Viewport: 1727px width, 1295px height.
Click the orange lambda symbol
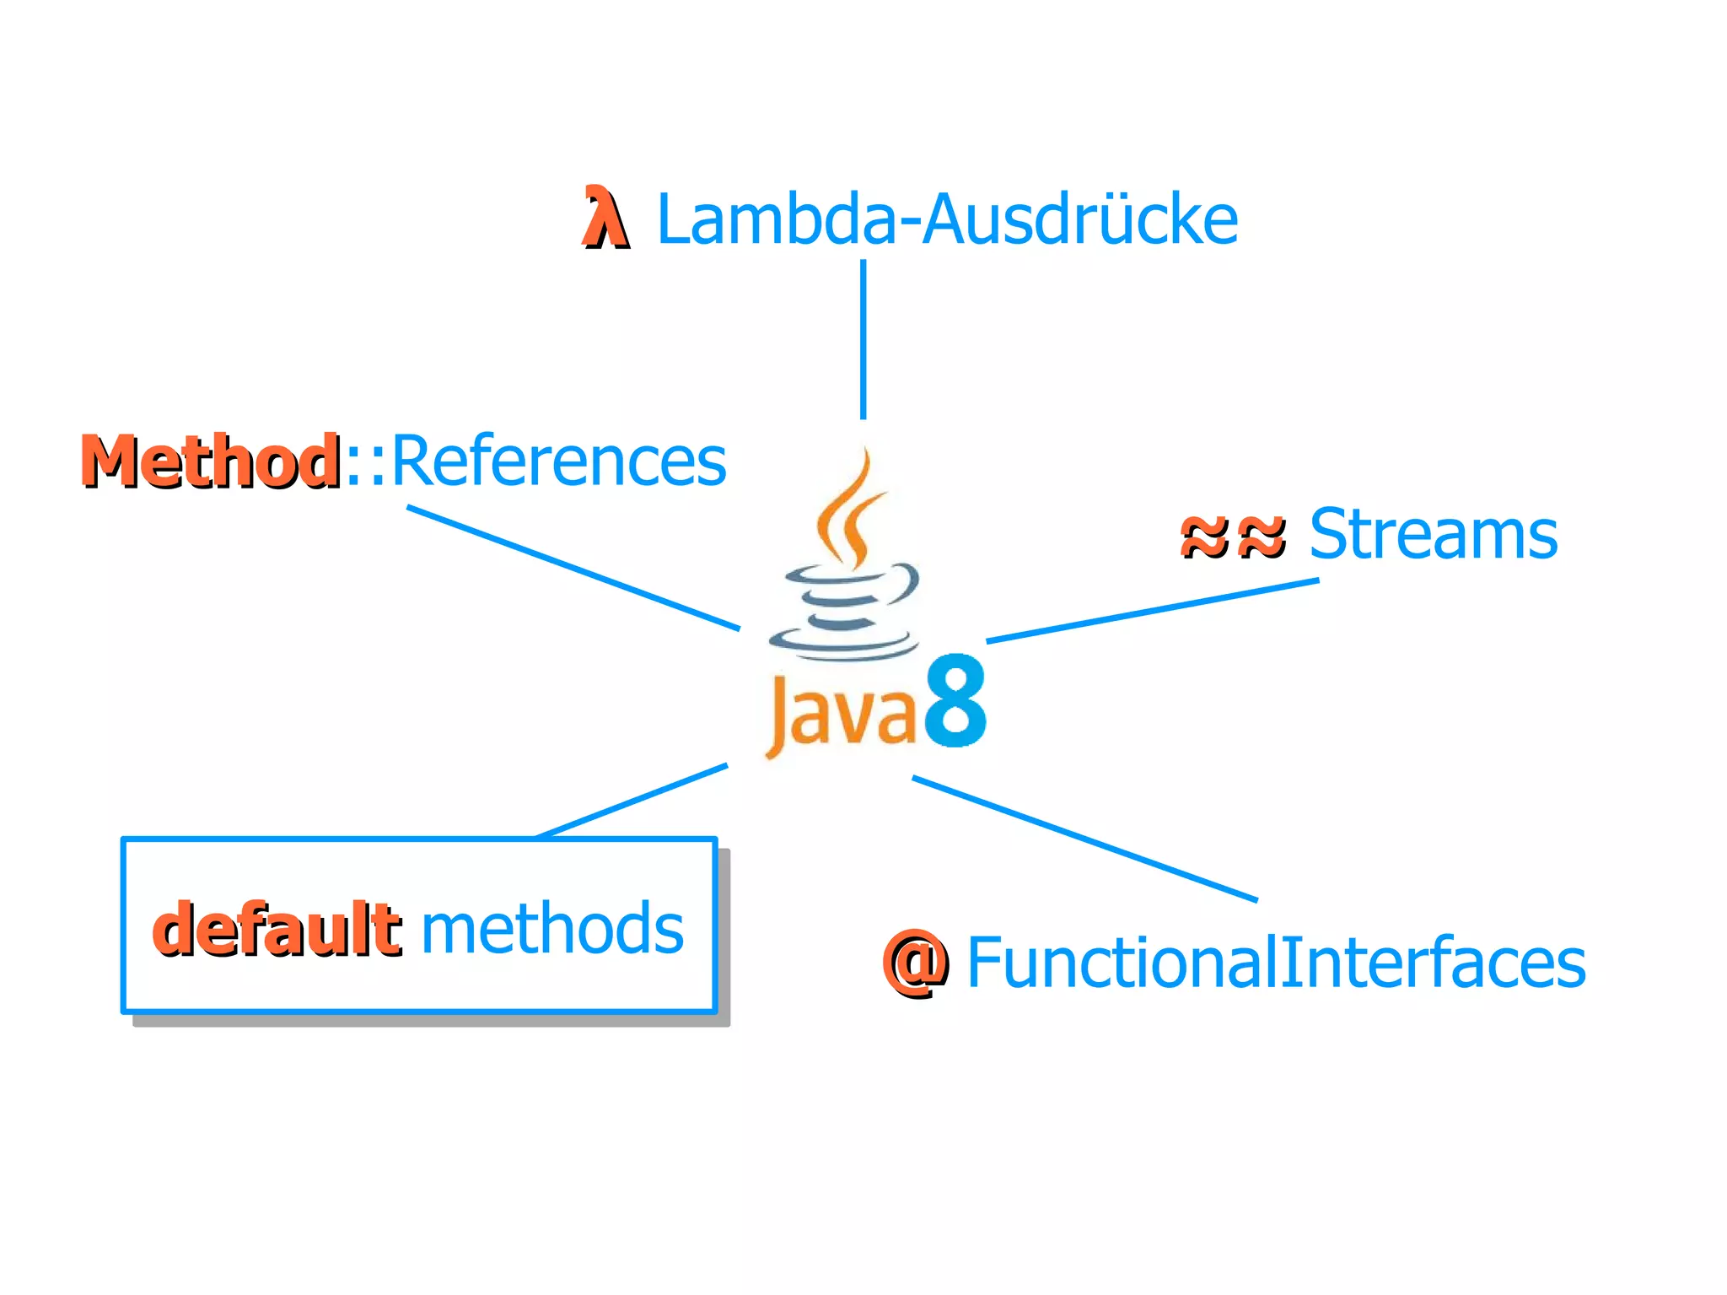click(x=605, y=218)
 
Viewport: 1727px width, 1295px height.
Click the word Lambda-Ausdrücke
click(x=946, y=220)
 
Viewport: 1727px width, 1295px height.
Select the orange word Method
click(x=211, y=461)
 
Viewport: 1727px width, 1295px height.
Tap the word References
click(x=558, y=461)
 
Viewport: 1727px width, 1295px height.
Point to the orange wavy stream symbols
click(x=1233, y=536)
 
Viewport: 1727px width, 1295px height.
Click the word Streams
click(x=1433, y=534)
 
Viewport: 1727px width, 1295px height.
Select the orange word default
click(x=277, y=929)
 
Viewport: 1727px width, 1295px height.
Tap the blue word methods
click(x=551, y=929)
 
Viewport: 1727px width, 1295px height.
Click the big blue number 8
click(x=955, y=702)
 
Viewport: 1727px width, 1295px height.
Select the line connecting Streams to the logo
click(x=1152, y=611)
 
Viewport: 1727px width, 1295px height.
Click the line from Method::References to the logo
click(x=573, y=568)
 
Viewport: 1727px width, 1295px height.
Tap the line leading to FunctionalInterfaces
click(x=1084, y=839)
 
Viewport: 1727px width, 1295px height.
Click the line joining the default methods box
click(x=632, y=801)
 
